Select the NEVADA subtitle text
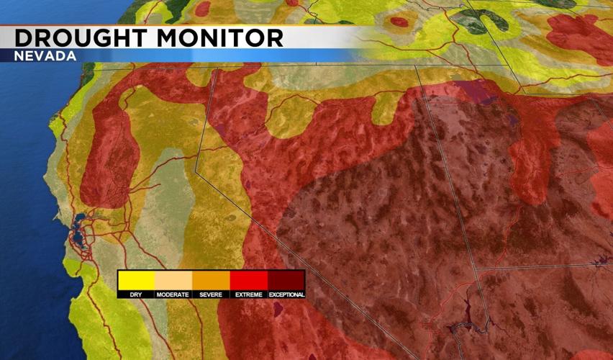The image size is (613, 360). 45,56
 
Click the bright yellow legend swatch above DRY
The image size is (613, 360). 136,279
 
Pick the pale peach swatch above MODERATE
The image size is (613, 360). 173,279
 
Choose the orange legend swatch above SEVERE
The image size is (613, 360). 211,279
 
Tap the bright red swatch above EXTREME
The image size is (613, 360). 248,279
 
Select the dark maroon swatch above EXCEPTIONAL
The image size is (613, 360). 286,279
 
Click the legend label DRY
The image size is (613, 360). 136,294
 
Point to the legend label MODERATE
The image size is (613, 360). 173,294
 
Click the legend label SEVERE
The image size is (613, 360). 211,294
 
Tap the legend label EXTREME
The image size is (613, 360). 248,294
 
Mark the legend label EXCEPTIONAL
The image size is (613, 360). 286,294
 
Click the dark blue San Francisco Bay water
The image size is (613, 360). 78,238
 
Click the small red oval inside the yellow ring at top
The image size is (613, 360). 399,22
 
